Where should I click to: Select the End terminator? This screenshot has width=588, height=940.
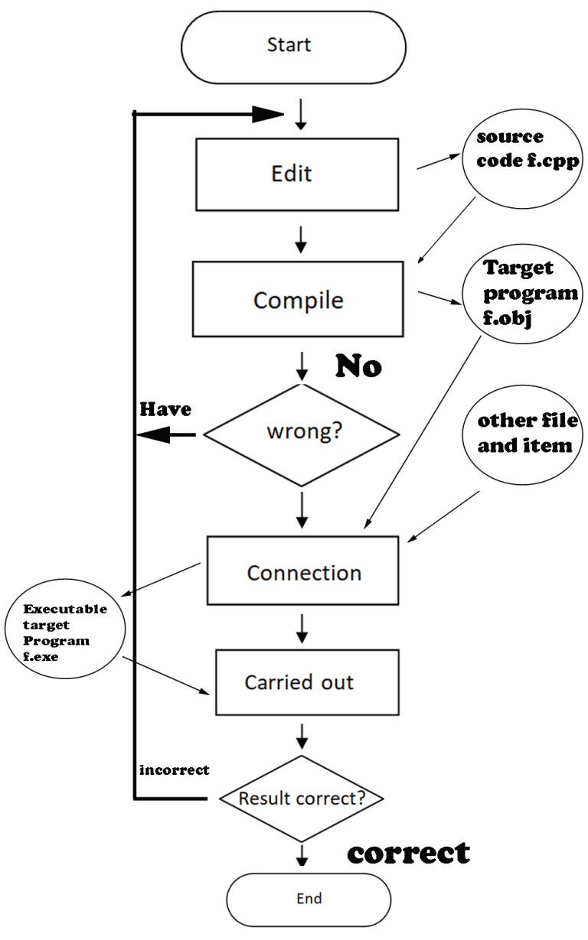click(309, 898)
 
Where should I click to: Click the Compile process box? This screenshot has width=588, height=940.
click(299, 300)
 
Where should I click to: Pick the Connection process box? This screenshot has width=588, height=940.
click(303, 572)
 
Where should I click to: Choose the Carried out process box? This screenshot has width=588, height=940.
click(299, 681)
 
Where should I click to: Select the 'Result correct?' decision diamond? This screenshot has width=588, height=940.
click(301, 799)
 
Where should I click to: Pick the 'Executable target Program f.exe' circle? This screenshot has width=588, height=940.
click(64, 634)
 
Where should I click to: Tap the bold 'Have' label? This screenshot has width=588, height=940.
click(164, 411)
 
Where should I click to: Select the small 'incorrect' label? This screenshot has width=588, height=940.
click(174, 770)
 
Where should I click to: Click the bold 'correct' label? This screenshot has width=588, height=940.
click(408, 852)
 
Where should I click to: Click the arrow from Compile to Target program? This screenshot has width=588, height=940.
click(439, 298)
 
